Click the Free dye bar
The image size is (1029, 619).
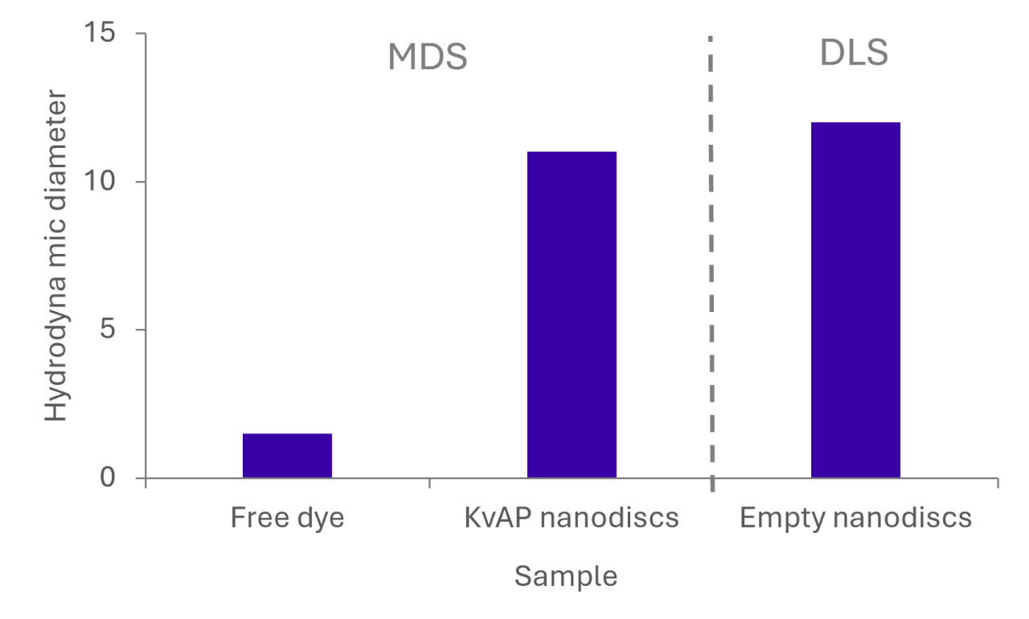287,456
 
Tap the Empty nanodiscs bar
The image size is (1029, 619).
855,301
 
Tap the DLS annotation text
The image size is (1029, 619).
854,54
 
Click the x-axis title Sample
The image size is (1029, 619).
566,576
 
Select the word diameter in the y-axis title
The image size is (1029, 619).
55,152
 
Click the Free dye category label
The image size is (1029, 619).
287,519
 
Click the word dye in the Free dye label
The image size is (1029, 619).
321,519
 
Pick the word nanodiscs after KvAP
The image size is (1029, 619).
608,519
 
